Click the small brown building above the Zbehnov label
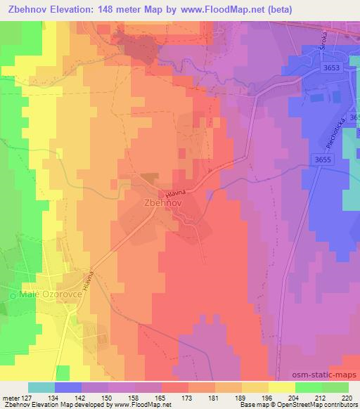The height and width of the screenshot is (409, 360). coord(148,179)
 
